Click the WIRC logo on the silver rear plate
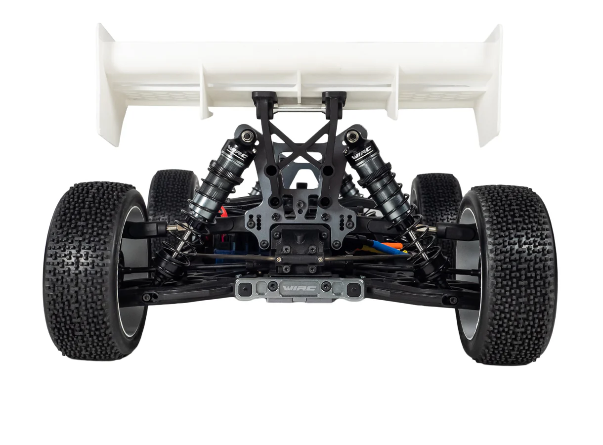[300, 288]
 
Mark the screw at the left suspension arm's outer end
[148, 297]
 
